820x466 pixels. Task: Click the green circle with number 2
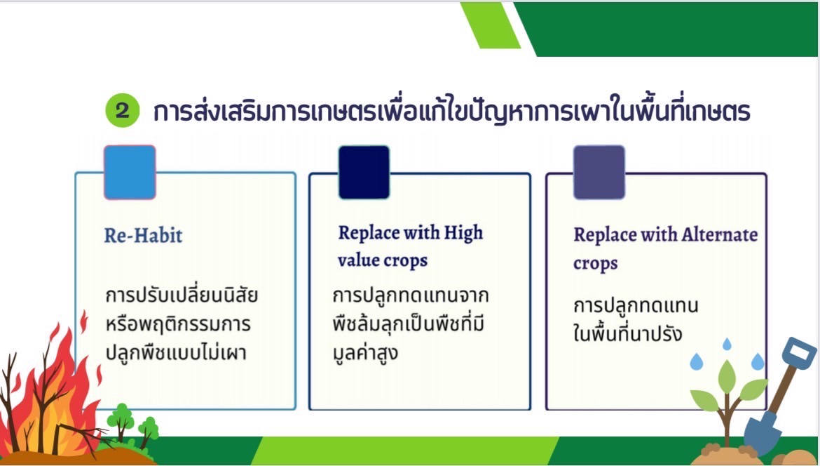tap(123, 110)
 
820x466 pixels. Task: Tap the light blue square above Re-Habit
tap(130, 172)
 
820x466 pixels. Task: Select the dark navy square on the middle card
tap(364, 172)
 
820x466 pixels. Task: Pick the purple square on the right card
tap(599, 172)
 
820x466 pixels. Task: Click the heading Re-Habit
tap(143, 235)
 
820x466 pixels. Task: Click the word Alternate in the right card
tap(719, 234)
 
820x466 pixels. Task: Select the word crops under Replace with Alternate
tap(595, 263)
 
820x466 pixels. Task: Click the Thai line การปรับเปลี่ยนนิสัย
tap(182, 295)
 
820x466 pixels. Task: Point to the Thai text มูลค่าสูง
tap(365, 352)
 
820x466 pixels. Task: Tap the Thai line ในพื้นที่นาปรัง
tap(627, 333)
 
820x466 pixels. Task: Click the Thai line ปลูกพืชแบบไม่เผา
tap(176, 352)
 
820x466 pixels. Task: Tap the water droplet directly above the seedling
tap(727, 344)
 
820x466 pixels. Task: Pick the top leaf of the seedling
tap(727, 376)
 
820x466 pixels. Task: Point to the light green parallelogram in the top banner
tap(491, 25)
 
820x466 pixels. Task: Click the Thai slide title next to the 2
tap(452, 110)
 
